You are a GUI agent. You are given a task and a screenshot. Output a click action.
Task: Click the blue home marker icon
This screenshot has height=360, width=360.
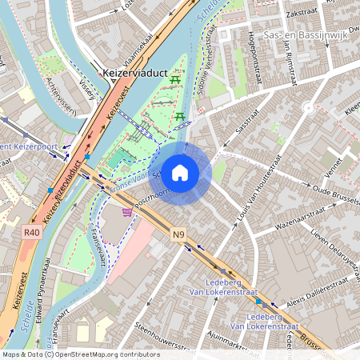[180, 172]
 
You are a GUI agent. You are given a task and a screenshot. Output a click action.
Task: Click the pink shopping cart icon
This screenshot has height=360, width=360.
[127, 213]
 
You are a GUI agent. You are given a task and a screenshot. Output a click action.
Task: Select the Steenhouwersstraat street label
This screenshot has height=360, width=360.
[163, 336]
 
